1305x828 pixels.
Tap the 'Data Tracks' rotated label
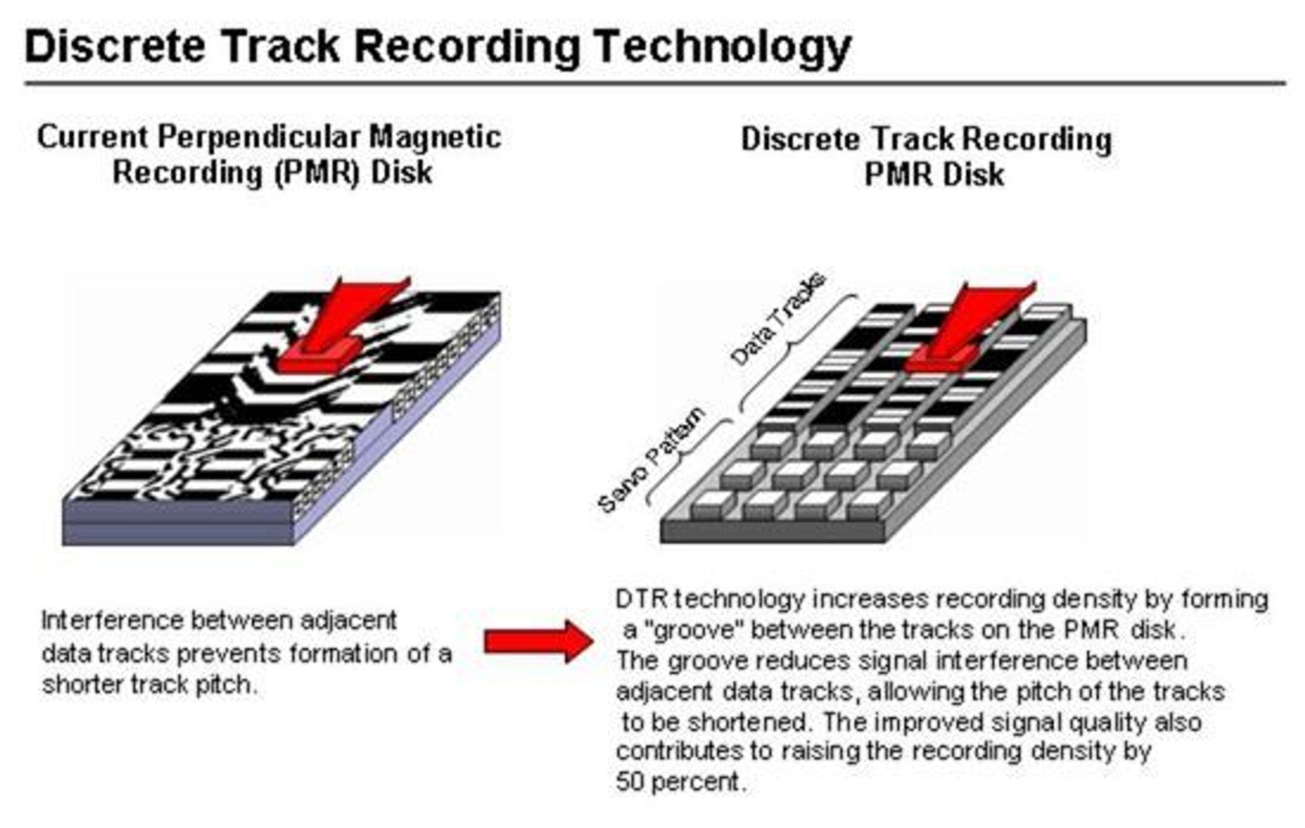(x=777, y=319)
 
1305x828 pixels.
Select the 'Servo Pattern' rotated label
(x=651, y=459)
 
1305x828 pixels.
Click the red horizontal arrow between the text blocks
(x=538, y=642)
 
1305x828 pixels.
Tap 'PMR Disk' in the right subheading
(x=934, y=174)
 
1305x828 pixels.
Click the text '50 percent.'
(x=681, y=781)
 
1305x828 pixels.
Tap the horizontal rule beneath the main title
(x=655, y=84)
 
